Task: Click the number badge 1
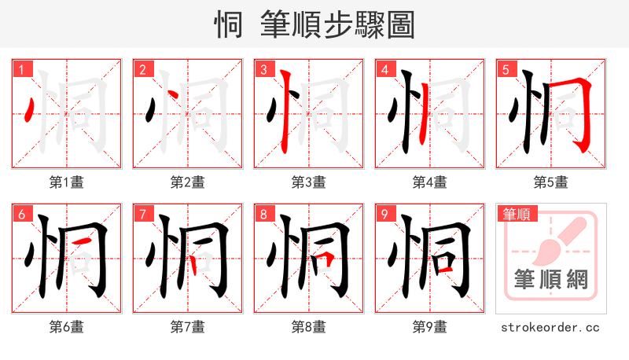[x=21, y=69]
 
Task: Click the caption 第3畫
[x=308, y=182]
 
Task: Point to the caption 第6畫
[x=66, y=326]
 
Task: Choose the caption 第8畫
[x=308, y=326]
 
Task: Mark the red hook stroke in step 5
[x=583, y=114]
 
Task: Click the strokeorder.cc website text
[x=550, y=326]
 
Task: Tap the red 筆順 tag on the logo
[x=516, y=214]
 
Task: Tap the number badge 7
[x=142, y=214]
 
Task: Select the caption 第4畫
[x=429, y=182]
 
